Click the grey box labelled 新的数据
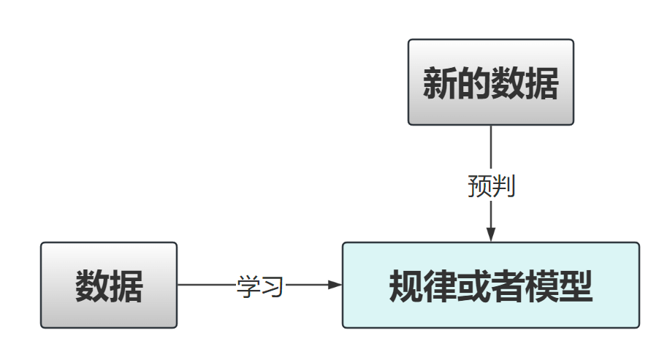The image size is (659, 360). click(x=490, y=82)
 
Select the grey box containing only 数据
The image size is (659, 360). click(x=109, y=285)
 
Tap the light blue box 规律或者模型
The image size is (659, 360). click(x=490, y=285)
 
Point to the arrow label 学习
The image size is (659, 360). click(x=259, y=286)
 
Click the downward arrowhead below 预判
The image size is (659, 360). click(x=491, y=234)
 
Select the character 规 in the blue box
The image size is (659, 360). click(x=405, y=286)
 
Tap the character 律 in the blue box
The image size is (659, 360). click(x=440, y=286)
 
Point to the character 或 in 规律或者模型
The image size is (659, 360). click(x=473, y=286)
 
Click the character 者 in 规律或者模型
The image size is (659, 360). click(x=508, y=286)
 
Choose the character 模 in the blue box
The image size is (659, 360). click(x=541, y=286)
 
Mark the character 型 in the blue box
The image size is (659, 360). click(x=576, y=286)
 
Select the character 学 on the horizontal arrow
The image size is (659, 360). click(x=248, y=286)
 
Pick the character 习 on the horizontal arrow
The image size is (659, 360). click(x=271, y=286)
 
